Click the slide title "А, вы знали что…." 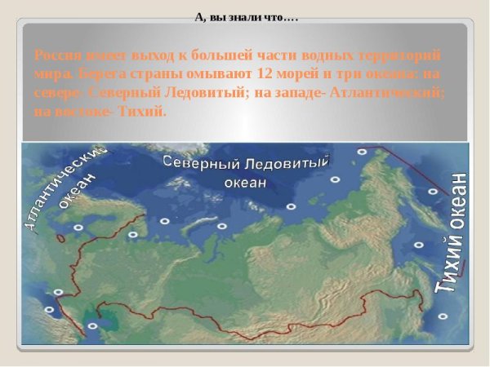point(246,15)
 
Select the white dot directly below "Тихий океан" point(443,316)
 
